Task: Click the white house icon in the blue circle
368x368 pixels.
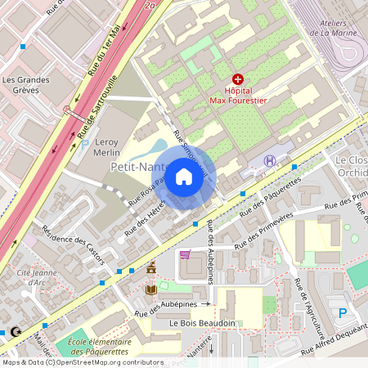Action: (184, 176)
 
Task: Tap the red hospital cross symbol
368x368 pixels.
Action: (238, 79)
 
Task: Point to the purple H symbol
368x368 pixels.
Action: (270, 161)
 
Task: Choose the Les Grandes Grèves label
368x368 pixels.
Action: (26, 85)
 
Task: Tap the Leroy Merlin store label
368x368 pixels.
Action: (101, 146)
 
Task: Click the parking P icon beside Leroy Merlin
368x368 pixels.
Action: (84, 144)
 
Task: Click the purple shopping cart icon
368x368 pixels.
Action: (185, 254)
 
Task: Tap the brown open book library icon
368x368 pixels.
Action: (150, 289)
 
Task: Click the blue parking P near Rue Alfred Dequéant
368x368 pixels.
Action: (343, 312)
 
